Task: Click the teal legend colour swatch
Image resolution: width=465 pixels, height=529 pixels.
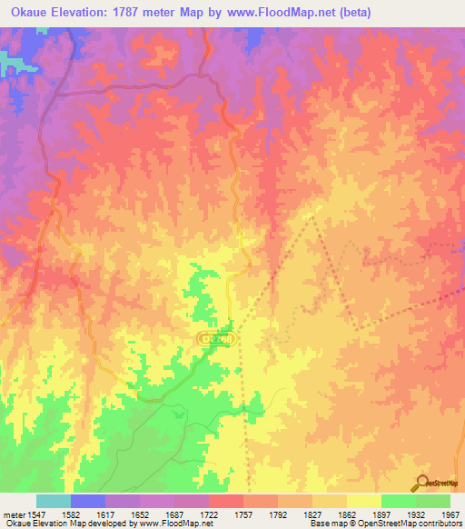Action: pos(53,501)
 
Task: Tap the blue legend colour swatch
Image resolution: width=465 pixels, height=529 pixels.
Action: pos(88,501)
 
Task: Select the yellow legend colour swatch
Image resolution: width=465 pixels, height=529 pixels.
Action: pos(363,501)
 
